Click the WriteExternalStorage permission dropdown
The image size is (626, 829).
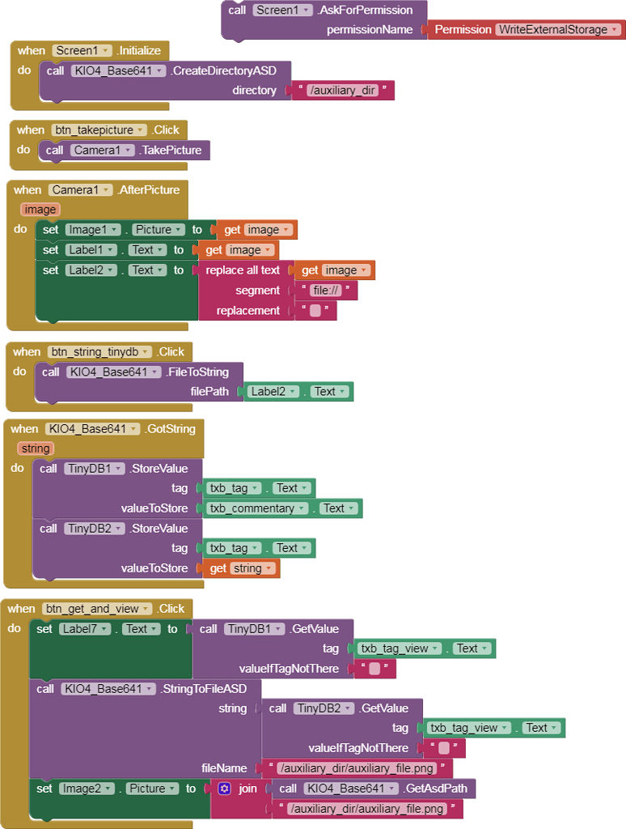pyautogui.click(x=559, y=29)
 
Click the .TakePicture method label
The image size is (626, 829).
pyautogui.click(x=172, y=150)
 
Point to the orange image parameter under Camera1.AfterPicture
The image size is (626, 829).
pyautogui.click(x=40, y=210)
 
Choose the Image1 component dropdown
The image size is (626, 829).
pyautogui.click(x=92, y=229)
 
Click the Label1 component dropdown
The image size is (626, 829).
pyautogui.click(x=91, y=249)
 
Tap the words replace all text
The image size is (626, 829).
pyautogui.click(x=243, y=270)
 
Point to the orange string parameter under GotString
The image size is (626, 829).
pyautogui.click(x=36, y=449)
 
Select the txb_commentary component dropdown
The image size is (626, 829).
pyautogui.click(x=257, y=508)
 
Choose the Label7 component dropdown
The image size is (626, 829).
pyautogui.click(x=85, y=628)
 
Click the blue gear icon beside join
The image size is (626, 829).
pyautogui.click(x=225, y=789)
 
